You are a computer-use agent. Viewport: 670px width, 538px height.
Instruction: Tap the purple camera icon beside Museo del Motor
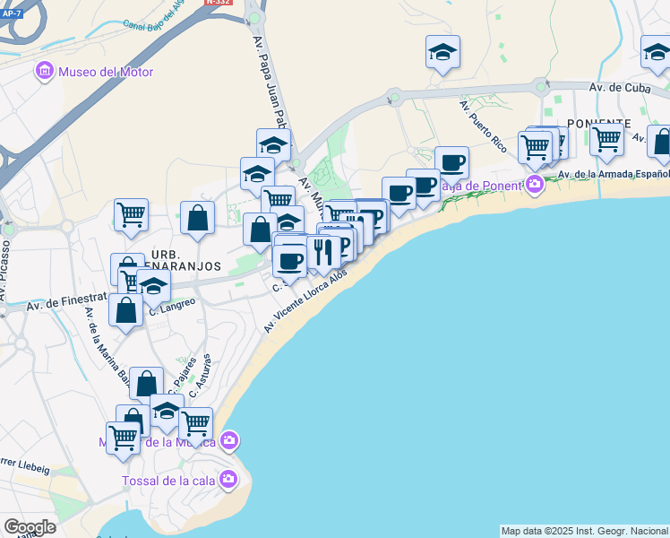(43, 71)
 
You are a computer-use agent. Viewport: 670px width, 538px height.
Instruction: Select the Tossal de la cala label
(167, 480)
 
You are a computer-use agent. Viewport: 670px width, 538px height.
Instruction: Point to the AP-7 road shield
(11, 13)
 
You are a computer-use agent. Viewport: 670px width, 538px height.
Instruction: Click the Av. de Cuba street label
(617, 87)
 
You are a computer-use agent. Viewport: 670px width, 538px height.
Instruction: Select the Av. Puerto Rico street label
(484, 126)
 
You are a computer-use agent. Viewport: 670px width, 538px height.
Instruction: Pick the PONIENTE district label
(599, 124)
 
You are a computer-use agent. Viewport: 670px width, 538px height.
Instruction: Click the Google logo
(29, 527)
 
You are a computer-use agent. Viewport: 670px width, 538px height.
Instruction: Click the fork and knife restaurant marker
(323, 251)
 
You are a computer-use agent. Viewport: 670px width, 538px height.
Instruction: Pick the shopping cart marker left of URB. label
(131, 215)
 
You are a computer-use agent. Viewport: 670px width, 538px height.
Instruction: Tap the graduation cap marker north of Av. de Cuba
(442, 52)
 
